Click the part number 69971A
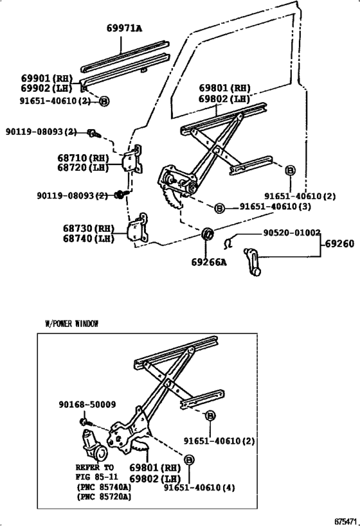pos(124,28)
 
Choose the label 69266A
pos(210,262)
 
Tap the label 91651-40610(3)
pos(266,207)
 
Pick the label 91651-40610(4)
pos(199,487)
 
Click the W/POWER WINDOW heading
pos(71,324)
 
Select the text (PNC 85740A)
pos(104,487)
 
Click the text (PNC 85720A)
pos(104,496)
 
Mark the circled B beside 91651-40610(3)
pos(219,208)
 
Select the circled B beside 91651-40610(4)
pos(189,460)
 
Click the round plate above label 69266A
pos(208,234)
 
